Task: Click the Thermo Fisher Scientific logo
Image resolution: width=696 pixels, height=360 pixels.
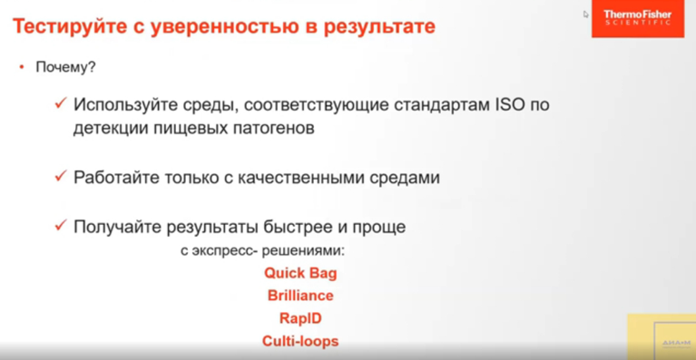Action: [637, 18]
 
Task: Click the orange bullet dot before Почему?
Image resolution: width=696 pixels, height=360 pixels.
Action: [20, 67]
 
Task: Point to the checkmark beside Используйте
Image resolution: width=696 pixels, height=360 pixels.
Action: [60, 104]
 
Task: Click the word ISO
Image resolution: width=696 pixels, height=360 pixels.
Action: [508, 105]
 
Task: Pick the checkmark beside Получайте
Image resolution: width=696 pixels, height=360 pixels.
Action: [60, 226]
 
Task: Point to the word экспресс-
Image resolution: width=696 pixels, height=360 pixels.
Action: [223, 249]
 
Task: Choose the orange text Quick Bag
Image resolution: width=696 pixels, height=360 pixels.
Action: [300, 273]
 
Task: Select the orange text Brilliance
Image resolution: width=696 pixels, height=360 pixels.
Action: [300, 296]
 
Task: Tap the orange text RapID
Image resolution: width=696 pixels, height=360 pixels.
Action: [300, 319]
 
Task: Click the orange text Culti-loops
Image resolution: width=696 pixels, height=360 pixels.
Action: [300, 342]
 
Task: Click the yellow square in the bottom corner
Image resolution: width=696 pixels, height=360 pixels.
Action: [662, 337]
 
